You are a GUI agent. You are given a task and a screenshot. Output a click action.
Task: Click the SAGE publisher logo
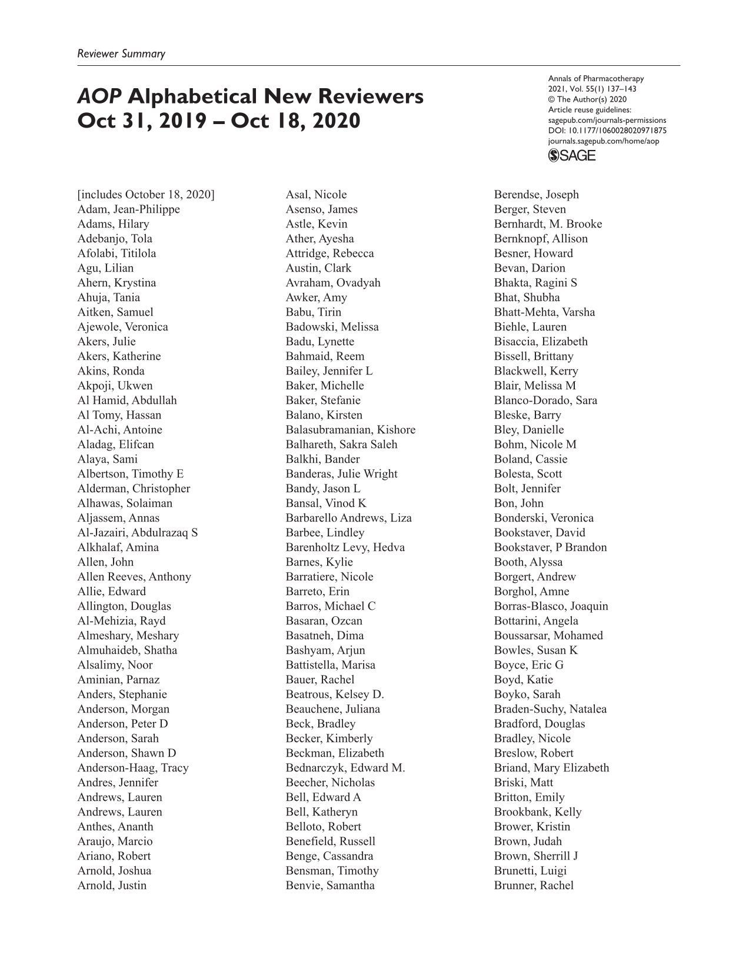(x=571, y=155)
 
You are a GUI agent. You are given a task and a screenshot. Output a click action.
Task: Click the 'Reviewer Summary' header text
(x=121, y=54)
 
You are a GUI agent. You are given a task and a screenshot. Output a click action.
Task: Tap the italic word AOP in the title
(x=99, y=96)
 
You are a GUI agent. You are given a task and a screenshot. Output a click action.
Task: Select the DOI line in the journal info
(x=607, y=131)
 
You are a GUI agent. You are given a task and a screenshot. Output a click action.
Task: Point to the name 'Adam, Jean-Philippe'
(x=129, y=209)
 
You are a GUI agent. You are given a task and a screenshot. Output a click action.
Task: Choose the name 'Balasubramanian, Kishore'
(x=351, y=430)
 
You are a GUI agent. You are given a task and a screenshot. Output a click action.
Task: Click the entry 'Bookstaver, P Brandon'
(x=550, y=547)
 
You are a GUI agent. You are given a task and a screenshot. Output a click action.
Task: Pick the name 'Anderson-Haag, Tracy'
(x=133, y=768)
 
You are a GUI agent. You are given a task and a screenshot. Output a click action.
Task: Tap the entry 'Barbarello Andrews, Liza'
(x=349, y=518)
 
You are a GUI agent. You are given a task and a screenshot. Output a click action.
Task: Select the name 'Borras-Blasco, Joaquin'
(x=551, y=606)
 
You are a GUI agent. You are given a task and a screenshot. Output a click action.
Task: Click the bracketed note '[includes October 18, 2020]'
(x=146, y=195)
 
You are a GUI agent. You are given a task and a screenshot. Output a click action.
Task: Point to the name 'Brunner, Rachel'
(x=534, y=886)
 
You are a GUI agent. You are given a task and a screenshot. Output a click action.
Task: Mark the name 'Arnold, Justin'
(x=112, y=886)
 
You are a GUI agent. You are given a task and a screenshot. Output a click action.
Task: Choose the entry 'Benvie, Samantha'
(x=330, y=886)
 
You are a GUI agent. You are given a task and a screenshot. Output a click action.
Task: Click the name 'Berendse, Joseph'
(x=537, y=195)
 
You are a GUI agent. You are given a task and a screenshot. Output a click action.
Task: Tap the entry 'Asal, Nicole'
(x=317, y=195)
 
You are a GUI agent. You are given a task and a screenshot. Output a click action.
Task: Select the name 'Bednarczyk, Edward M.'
(x=345, y=768)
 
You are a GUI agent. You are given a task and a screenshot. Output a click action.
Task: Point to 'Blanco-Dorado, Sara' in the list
(x=545, y=400)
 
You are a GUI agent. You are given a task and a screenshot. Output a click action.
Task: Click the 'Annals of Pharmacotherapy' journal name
(x=596, y=78)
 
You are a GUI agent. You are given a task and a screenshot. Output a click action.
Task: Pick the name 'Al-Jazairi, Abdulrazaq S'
(x=138, y=533)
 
